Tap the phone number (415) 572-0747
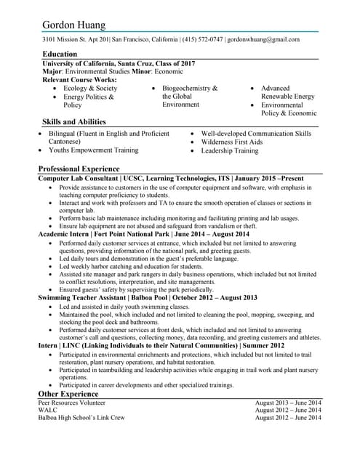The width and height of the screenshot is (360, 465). [202, 39]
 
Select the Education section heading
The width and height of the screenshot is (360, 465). [60, 54]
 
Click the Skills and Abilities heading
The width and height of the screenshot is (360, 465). [74, 122]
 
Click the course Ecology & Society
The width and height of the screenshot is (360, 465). [90, 89]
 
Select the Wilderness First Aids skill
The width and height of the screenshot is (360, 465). [232, 142]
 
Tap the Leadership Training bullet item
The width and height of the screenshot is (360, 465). [229, 151]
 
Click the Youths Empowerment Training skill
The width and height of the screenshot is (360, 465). [93, 150]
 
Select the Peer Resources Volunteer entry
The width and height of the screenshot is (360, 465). [71, 403]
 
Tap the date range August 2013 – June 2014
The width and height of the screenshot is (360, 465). [288, 403]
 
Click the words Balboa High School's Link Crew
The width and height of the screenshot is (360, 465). [81, 418]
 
